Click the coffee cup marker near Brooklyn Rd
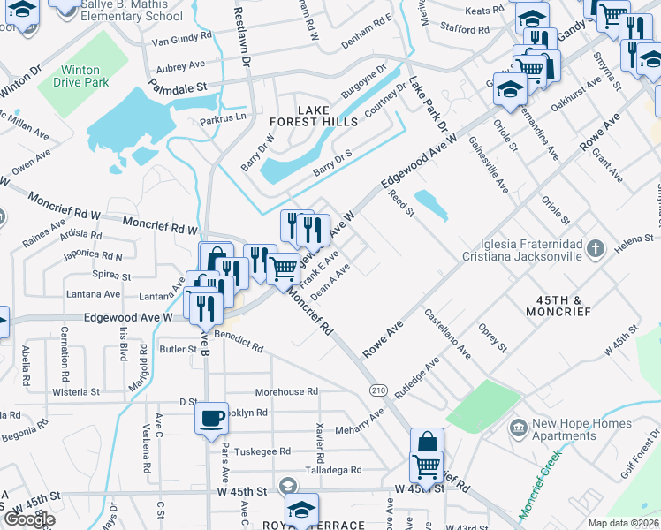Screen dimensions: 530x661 211,419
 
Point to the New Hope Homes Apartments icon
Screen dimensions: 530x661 519,428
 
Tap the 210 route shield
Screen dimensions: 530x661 379,390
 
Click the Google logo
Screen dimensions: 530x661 29,519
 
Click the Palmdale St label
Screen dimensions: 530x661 176,87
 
